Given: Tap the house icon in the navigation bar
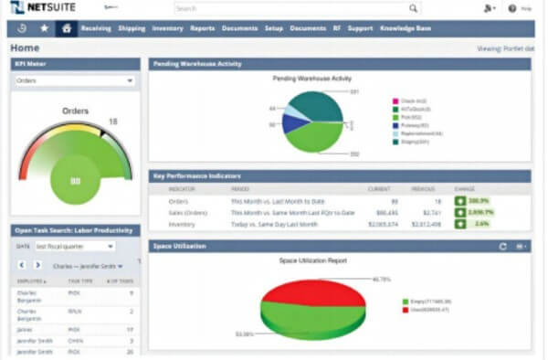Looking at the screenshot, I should coord(65,28).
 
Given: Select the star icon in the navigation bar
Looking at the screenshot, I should coord(43,28).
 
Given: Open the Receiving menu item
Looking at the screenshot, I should coord(96,28).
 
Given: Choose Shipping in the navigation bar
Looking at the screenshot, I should coord(132,28).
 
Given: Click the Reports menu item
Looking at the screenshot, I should coord(203,28).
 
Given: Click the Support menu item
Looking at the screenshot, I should coord(360,28).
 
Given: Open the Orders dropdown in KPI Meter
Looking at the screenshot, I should coord(74,80).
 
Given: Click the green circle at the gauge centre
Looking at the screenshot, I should coord(75,180).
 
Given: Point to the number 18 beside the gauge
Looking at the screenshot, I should coord(113,122).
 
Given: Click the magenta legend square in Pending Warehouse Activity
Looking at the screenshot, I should coord(395,101).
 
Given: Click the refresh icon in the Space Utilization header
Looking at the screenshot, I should coord(502,247).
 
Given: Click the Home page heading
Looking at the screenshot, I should coord(26,47).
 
